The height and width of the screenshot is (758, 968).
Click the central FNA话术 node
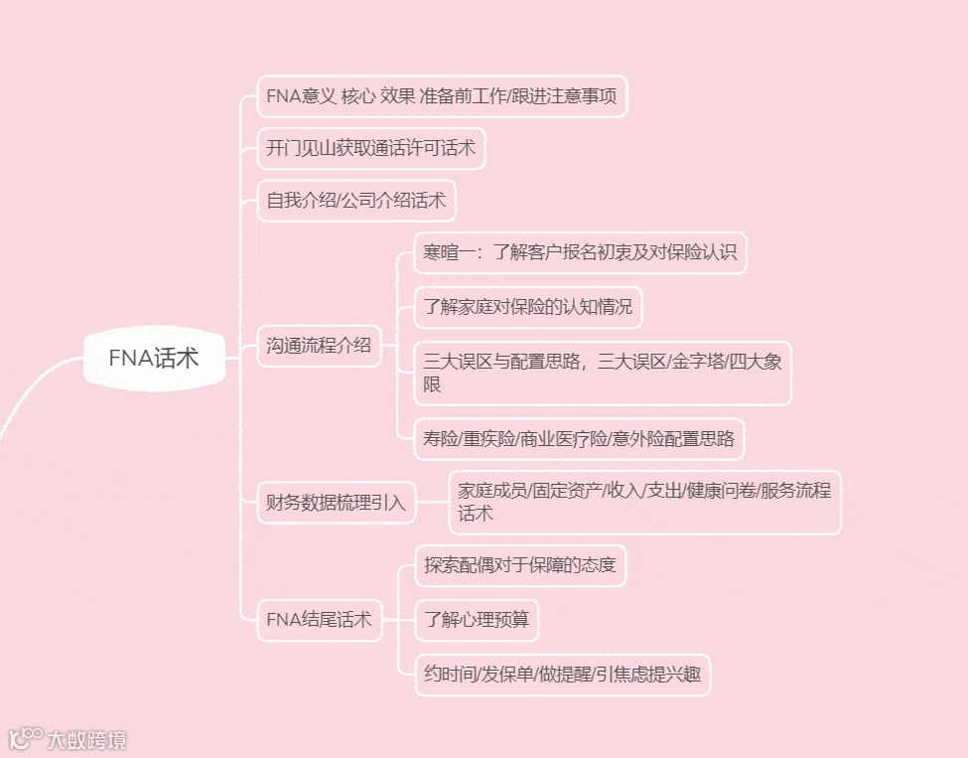click(154, 358)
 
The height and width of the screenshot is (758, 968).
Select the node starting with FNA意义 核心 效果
click(442, 96)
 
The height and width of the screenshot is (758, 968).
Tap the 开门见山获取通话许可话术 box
click(371, 149)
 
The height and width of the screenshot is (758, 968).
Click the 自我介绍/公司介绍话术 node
click(356, 202)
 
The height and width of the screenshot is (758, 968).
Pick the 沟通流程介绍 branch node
click(319, 346)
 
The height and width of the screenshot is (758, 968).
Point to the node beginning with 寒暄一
click(580, 252)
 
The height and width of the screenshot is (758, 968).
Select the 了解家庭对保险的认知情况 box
click(528, 306)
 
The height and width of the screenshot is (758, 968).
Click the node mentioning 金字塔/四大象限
click(603, 372)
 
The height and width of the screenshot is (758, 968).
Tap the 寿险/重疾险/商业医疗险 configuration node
click(579, 437)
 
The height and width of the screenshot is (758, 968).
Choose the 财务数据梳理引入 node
click(337, 502)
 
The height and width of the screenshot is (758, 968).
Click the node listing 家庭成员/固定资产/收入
click(644, 502)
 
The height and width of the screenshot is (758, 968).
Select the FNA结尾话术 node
click(319, 620)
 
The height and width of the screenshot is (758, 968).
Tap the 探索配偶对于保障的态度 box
click(519, 565)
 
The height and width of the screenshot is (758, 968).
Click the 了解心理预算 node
click(477, 620)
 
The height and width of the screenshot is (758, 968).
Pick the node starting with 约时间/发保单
click(562, 675)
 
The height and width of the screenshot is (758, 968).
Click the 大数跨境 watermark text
click(87, 740)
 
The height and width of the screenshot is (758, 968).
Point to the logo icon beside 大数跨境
click(24, 739)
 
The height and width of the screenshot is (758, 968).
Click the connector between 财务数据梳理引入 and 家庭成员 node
click(432, 502)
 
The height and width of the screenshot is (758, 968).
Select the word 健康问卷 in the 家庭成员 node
click(720, 491)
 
